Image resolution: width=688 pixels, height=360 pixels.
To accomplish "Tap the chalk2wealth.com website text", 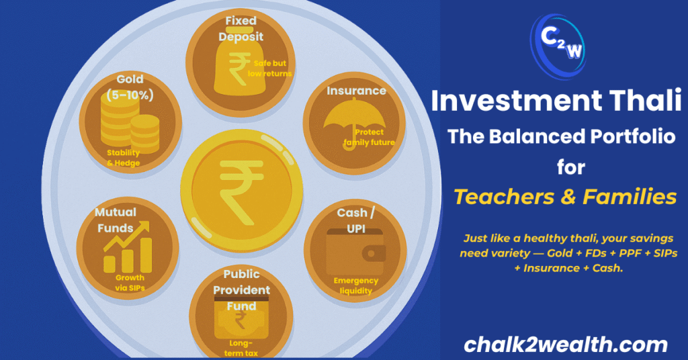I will pos(566,345).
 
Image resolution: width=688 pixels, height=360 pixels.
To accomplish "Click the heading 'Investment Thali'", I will pos(556,101).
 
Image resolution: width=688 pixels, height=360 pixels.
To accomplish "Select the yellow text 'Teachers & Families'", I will pos(564,197).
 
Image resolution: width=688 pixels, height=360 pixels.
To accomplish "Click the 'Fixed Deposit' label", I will pos(241,29).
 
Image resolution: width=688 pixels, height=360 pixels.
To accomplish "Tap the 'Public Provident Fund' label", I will pos(241,290).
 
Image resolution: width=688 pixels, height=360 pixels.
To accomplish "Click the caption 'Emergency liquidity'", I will pos(356,286).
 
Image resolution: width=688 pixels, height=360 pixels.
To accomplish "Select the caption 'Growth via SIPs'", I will pos(130,283).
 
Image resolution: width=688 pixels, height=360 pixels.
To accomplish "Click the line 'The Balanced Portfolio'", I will pos(561,136).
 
